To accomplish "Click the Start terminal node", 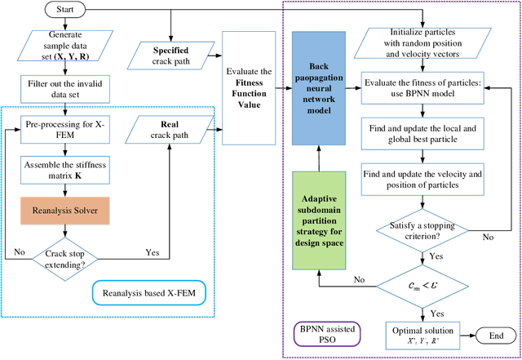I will pos(67,11).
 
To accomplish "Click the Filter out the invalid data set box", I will pos(67,88).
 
